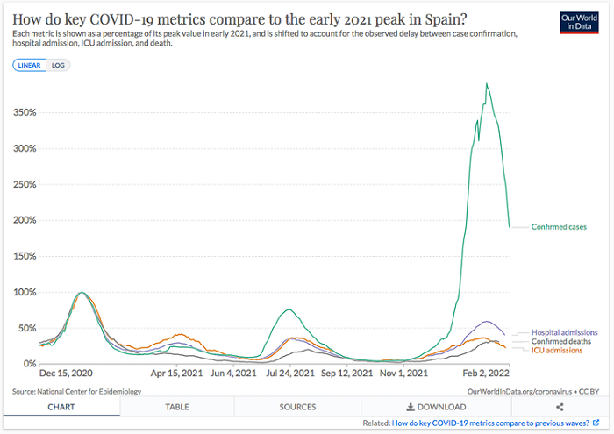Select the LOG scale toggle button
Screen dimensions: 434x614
(59, 65)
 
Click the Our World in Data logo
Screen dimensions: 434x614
(579, 24)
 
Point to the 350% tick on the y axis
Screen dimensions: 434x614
(25, 112)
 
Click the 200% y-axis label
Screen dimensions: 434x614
(25, 220)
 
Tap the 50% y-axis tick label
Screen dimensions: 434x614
(26, 328)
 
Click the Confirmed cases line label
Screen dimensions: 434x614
(559, 227)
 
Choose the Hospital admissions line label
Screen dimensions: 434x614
(564, 332)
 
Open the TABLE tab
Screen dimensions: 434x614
(177, 407)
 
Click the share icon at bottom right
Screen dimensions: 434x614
(560, 407)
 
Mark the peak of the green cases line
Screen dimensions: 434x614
(487, 84)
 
